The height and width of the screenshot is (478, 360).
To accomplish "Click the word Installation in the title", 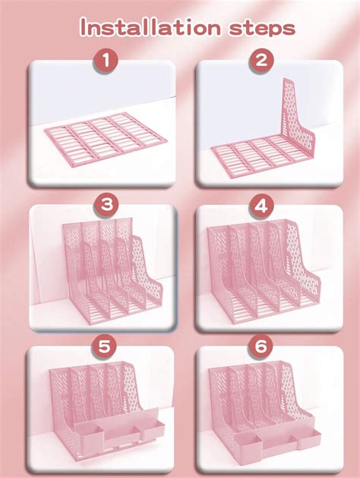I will pos(144,28).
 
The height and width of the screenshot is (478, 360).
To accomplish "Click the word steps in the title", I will pos(256,28).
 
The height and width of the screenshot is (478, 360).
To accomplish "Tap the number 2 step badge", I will pos(261,61).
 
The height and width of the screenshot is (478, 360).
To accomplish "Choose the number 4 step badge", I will pos(261,205).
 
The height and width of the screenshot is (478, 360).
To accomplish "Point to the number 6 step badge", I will pos(261,347).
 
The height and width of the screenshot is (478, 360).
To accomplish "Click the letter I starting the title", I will pos(84,28).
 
